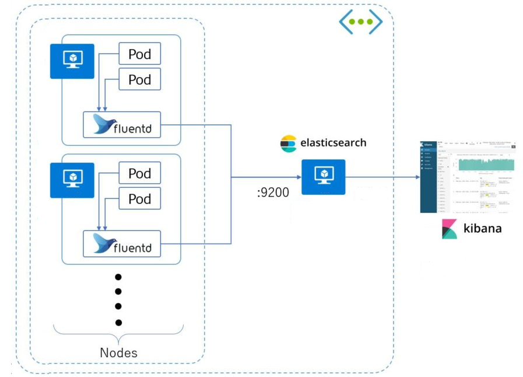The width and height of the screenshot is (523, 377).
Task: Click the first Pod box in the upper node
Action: [x=139, y=54]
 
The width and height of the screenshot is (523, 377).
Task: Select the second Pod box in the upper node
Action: [x=139, y=79]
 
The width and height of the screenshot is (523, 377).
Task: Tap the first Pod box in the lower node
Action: [x=139, y=173]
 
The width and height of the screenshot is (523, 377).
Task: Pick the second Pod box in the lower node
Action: [x=139, y=199]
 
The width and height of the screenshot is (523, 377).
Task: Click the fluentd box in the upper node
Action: [x=122, y=125]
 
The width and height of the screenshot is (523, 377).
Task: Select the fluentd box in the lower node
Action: [x=122, y=244]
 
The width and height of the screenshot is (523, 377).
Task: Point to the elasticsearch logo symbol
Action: [x=288, y=143]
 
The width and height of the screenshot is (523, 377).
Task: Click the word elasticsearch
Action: [x=333, y=142]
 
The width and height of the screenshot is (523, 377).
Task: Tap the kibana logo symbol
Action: [x=450, y=229]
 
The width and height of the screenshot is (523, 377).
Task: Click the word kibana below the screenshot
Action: [x=482, y=228]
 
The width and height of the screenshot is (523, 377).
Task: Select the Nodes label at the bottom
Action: [x=118, y=352]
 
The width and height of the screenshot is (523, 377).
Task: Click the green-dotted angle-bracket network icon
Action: [x=360, y=22]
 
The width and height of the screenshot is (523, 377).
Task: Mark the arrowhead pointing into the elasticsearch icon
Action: [x=299, y=177]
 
